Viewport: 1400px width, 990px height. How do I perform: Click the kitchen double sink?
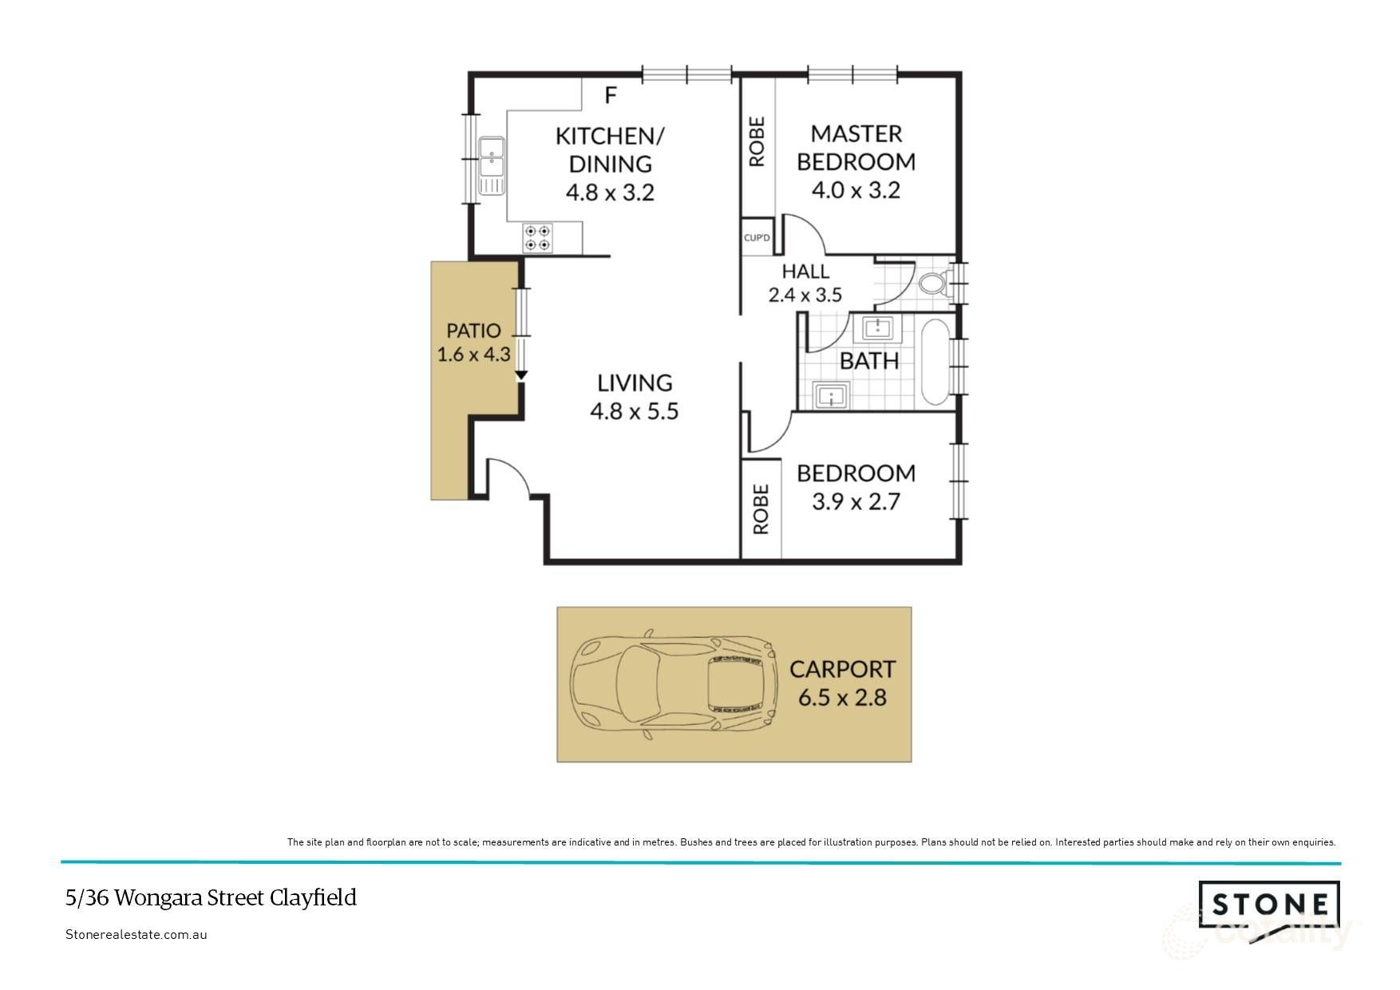tap(492, 165)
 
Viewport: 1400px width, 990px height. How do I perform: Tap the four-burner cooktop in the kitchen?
tap(537, 238)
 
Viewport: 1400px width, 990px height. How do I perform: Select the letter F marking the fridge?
tap(611, 96)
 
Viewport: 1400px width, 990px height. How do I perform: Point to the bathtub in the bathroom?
tap(935, 362)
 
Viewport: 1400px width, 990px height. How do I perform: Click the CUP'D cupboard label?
tap(757, 238)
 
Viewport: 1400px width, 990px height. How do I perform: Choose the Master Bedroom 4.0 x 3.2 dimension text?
tap(856, 191)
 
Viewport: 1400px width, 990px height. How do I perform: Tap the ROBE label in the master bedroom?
tap(757, 142)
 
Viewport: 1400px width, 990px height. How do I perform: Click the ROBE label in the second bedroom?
tap(761, 509)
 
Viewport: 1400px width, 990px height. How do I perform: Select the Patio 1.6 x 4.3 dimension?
tap(473, 354)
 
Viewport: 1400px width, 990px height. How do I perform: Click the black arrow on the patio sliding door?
tap(521, 373)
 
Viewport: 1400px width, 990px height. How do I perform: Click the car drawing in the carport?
tap(674, 685)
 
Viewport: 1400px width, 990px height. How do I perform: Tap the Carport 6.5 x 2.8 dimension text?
tap(842, 698)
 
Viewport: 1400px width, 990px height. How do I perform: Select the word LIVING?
tap(635, 383)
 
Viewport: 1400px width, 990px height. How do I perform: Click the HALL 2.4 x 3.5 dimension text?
tap(805, 295)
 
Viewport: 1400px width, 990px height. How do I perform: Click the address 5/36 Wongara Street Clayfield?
tap(211, 898)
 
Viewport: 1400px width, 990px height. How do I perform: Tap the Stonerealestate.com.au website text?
tap(136, 935)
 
